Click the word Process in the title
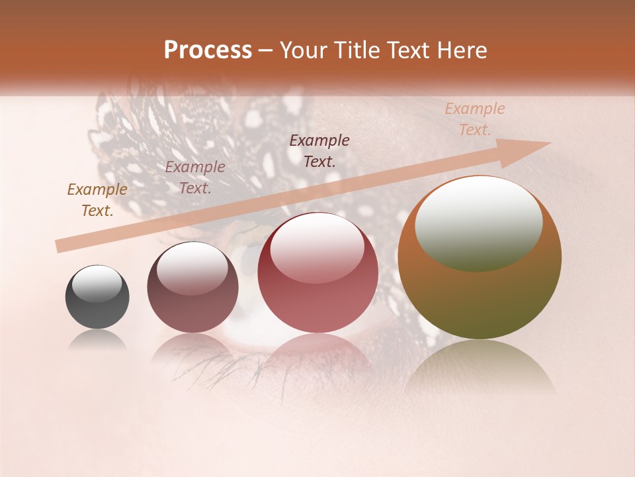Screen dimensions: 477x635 pyautogui.click(x=208, y=50)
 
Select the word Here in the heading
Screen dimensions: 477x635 pyautogui.click(x=461, y=50)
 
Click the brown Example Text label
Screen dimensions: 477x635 pyautogui.click(x=97, y=200)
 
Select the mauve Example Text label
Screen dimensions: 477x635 pyautogui.click(x=195, y=178)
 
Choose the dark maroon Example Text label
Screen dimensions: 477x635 pyautogui.click(x=319, y=150)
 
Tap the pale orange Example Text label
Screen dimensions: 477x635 pyautogui.click(x=474, y=119)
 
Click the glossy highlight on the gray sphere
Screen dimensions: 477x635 pyautogui.click(x=97, y=283)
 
